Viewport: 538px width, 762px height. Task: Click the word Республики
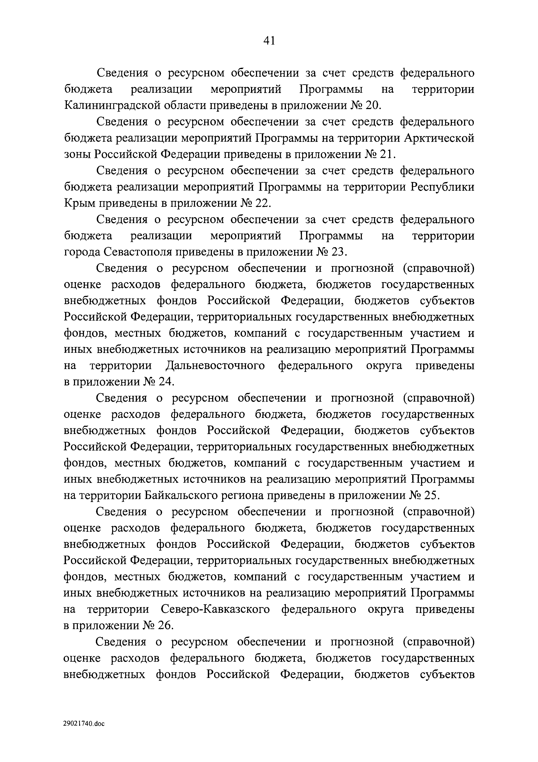(x=443, y=187)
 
